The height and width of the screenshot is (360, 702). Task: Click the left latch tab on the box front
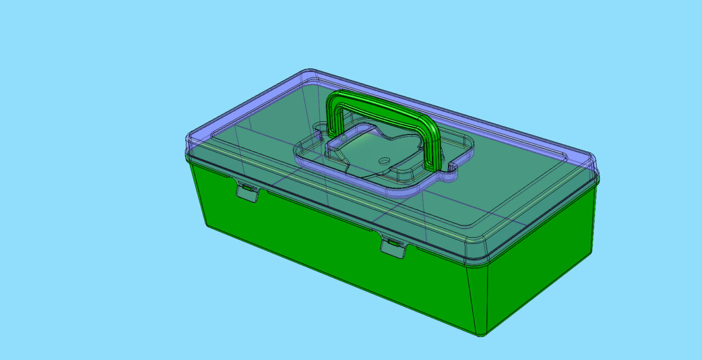coord(247,193)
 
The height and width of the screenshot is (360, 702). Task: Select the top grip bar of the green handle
coord(384,108)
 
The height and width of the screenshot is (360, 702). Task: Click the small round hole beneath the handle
coord(384,160)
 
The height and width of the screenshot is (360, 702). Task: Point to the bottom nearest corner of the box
coord(480,334)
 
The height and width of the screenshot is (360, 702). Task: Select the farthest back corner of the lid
coord(310,72)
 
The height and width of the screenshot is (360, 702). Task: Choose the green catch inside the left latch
coord(248,188)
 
